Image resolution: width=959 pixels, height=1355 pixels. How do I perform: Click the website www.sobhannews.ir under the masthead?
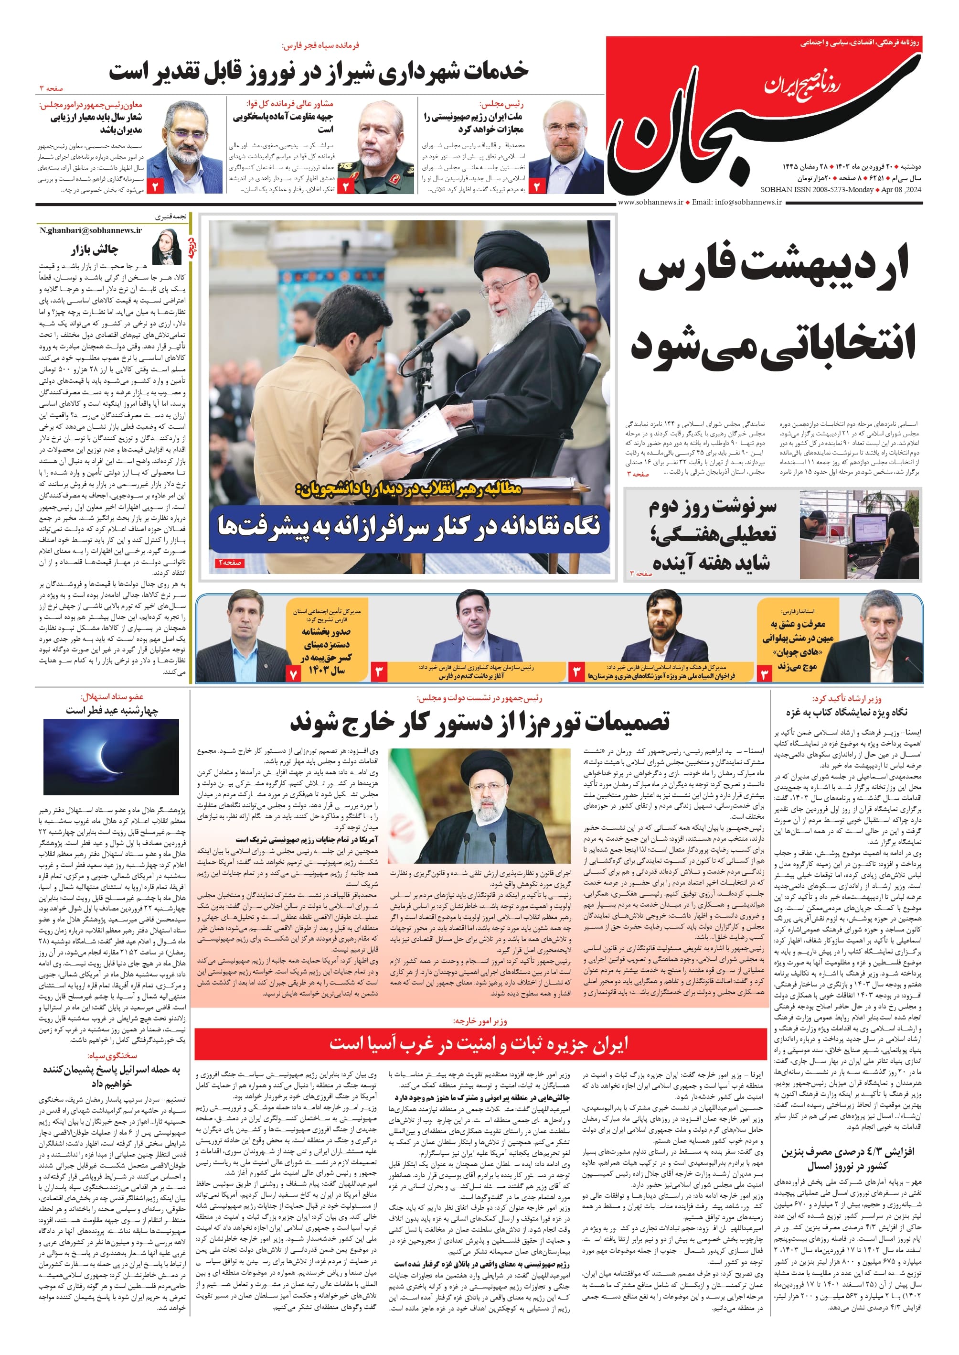(650, 202)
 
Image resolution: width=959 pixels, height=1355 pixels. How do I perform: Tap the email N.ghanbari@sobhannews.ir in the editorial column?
(90, 230)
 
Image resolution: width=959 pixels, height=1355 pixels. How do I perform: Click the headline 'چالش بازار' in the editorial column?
(95, 249)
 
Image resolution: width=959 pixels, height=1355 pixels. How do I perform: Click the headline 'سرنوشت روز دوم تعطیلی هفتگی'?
(712, 534)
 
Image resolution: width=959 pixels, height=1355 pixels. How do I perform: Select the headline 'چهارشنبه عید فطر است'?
(112, 710)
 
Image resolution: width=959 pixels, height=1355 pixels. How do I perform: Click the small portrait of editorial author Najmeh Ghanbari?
(167, 247)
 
